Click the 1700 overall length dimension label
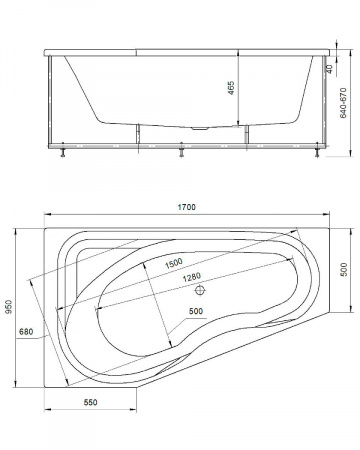(x=186, y=207)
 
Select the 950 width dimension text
(x=9, y=307)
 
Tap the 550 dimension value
(x=90, y=402)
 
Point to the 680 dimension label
(x=26, y=332)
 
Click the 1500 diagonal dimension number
(x=174, y=263)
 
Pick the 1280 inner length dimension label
(x=192, y=277)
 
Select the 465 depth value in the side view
(x=231, y=88)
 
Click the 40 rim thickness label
(x=329, y=69)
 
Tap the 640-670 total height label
(x=343, y=103)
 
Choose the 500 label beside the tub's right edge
(x=344, y=270)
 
